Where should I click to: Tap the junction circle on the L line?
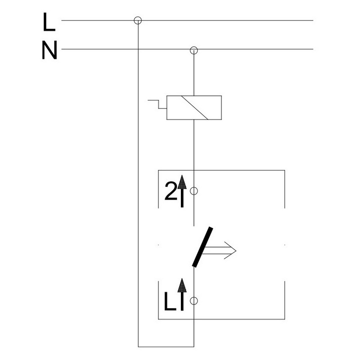(138, 20)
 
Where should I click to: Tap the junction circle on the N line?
(194, 49)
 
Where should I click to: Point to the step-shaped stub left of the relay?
(157, 104)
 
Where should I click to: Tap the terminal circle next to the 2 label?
(194, 191)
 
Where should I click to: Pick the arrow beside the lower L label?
(182, 295)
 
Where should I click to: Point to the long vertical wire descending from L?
(138, 180)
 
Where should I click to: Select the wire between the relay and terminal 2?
(194, 144)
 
